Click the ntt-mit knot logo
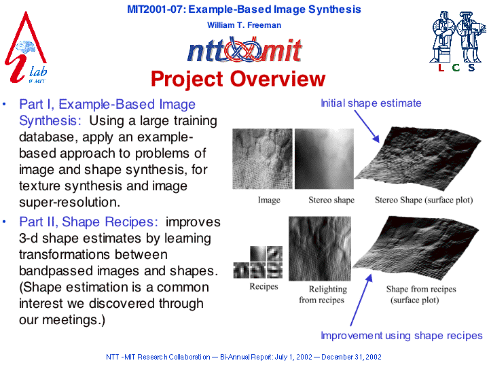244,50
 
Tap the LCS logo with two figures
458,41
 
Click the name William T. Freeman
244,25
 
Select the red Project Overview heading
238,79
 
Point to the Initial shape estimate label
371,103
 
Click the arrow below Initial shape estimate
367,126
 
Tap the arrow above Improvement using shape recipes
361,300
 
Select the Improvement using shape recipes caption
401,336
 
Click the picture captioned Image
262,158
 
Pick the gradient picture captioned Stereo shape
325,158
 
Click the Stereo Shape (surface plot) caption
424,200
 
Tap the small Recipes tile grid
258,262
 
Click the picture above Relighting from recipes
320,249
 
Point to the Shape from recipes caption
421,294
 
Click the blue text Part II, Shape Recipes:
88,222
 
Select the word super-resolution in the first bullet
69,203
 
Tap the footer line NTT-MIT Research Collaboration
244,357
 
